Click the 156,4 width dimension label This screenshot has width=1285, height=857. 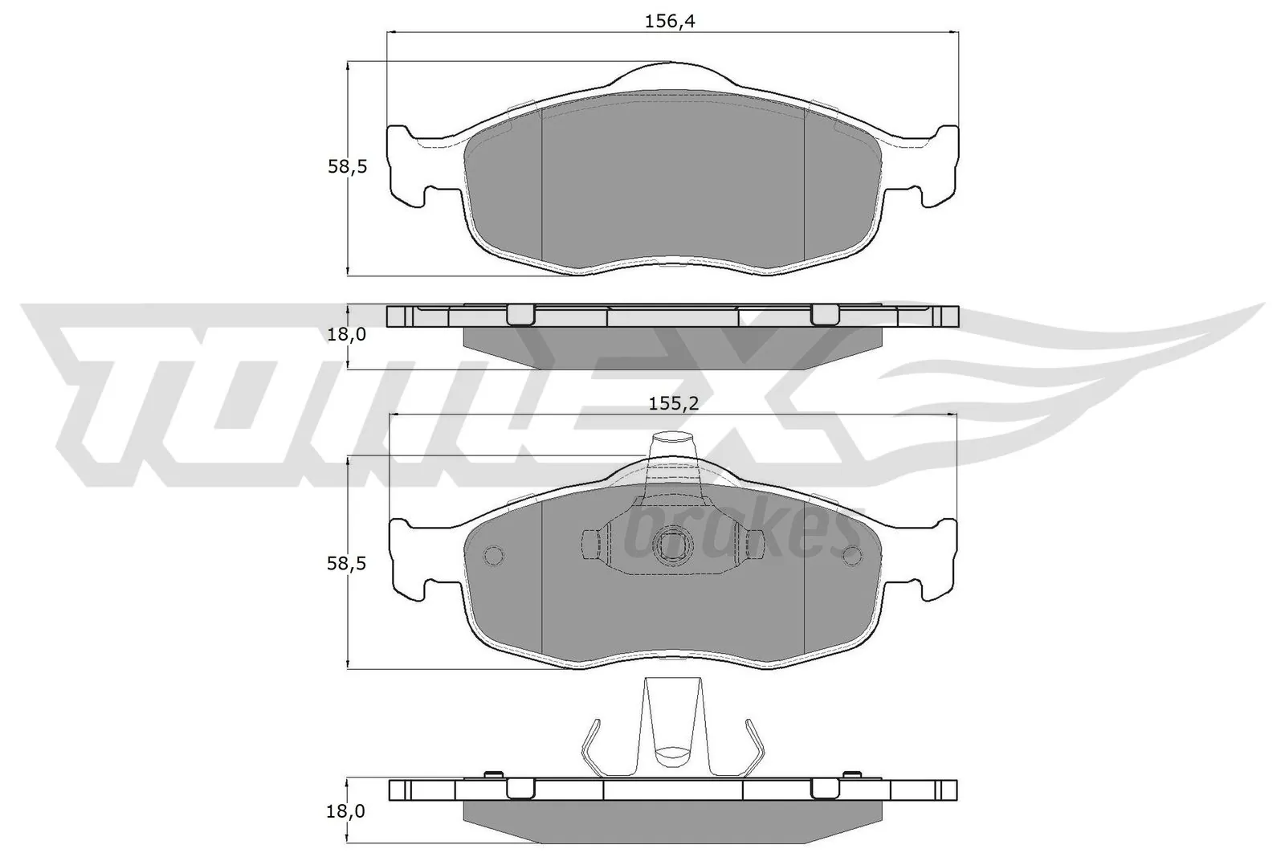[x=669, y=21]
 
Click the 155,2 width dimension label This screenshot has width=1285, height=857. [x=673, y=404]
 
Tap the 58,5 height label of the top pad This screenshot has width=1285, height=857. [x=347, y=167]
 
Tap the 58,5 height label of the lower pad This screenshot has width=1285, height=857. [x=347, y=563]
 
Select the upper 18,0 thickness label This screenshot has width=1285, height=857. [x=347, y=334]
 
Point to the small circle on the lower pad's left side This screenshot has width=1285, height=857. [x=492, y=554]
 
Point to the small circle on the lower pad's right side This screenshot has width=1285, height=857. [x=851, y=554]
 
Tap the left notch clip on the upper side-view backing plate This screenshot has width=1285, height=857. [x=520, y=314]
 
